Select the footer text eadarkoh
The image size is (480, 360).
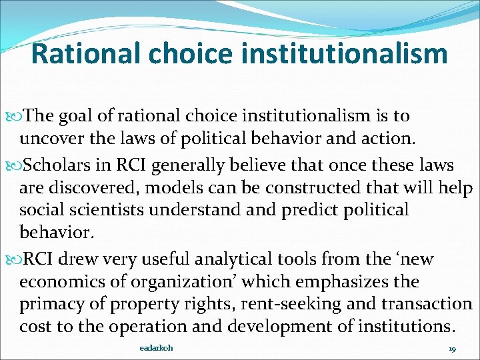coord(157,349)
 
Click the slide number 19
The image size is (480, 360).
coord(452,349)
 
